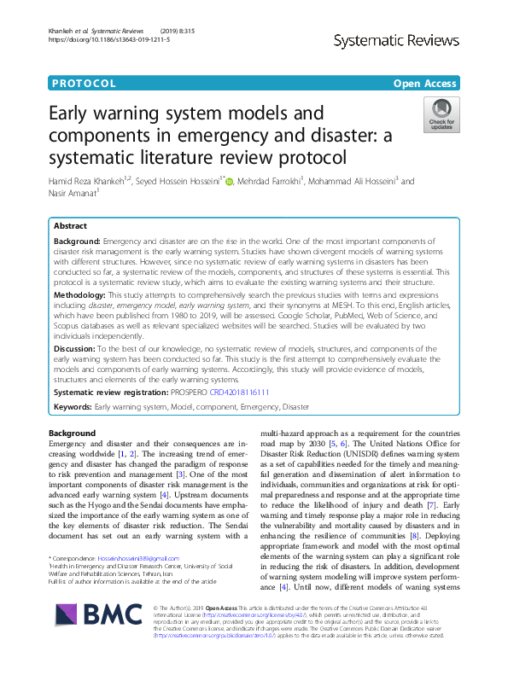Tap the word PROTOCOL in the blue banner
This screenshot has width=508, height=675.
pyautogui.click(x=84, y=84)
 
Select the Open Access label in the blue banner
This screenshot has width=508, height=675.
pyautogui.click(x=424, y=84)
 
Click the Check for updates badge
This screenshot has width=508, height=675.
pyautogui.click(x=441, y=114)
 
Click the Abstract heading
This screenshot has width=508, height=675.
pyautogui.click(x=70, y=226)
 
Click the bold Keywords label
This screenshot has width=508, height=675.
pyautogui.click(x=72, y=407)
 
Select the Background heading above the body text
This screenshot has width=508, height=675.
pyautogui.click(x=73, y=434)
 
